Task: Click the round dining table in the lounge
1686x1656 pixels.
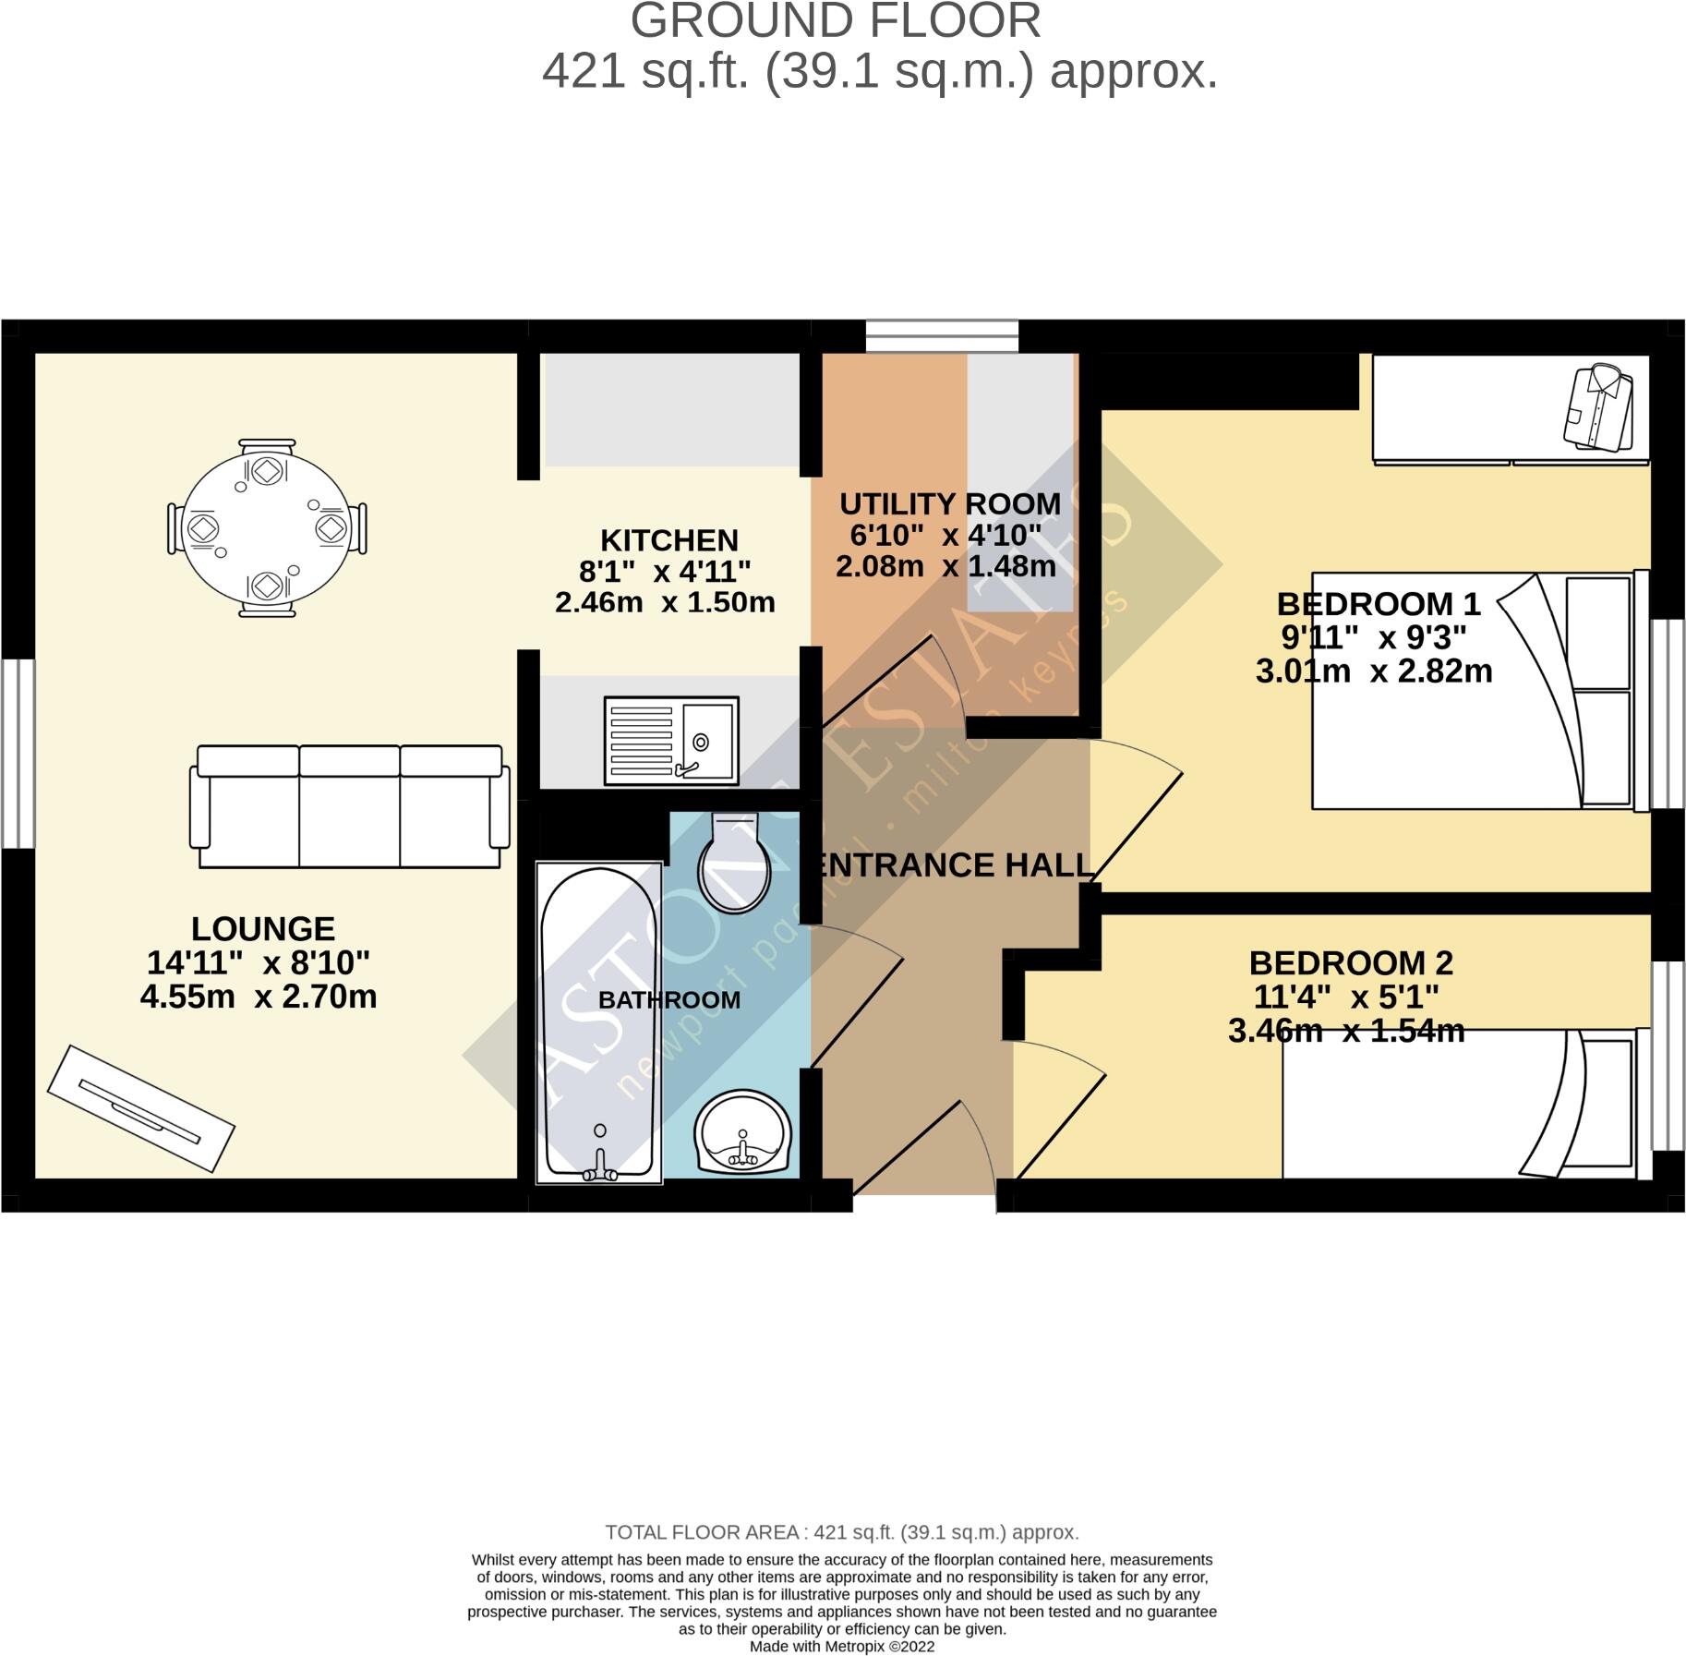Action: coord(267,528)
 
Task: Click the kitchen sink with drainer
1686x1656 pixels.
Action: coord(671,741)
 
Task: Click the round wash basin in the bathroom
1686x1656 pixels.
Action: coord(743,1133)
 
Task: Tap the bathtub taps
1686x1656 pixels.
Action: coord(600,1169)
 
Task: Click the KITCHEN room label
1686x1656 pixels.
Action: coord(669,540)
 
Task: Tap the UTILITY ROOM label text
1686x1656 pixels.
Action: coord(950,504)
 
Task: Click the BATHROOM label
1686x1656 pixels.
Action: coord(669,1000)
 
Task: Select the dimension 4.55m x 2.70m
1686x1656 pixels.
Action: coord(259,997)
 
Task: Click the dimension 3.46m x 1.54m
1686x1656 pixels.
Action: coord(1346,1031)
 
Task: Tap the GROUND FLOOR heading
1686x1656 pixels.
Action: coord(836,21)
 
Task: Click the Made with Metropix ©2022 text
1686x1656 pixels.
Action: coord(841,1647)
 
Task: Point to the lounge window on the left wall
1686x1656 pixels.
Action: coord(18,754)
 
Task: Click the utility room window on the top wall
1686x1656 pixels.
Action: coord(942,336)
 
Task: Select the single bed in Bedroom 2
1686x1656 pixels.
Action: coord(1459,1106)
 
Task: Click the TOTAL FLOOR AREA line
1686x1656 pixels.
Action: coord(841,1532)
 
